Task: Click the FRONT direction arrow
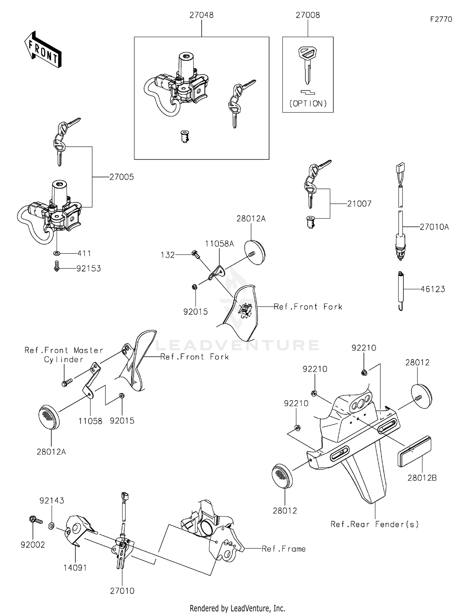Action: (x=43, y=50)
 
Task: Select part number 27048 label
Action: (x=201, y=15)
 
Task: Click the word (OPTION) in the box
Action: (x=308, y=104)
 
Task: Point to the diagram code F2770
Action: (x=441, y=19)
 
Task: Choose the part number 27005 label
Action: (x=121, y=177)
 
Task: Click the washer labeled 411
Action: (x=57, y=253)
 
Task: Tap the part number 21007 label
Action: (x=359, y=204)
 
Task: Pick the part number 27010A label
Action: (x=434, y=227)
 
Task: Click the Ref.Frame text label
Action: (x=284, y=549)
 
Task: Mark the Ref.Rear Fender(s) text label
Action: (x=374, y=524)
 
